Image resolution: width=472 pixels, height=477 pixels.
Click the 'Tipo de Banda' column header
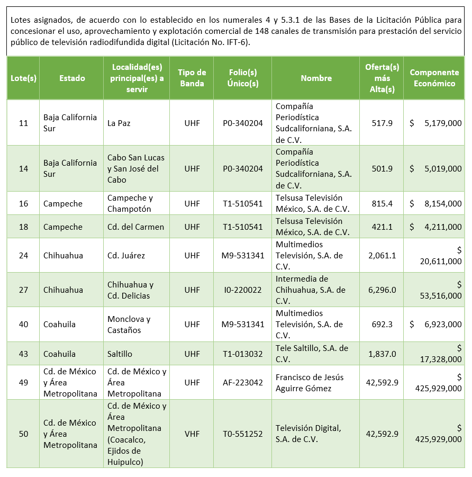pyautogui.click(x=192, y=78)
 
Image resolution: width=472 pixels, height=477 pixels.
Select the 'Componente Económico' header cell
pyautogui.click(x=434, y=78)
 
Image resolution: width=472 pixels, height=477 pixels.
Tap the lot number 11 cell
pyautogui.click(x=23, y=123)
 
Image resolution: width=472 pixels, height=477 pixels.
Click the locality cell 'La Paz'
pyautogui.click(x=119, y=123)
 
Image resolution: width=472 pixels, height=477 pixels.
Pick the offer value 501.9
pyautogui.click(x=382, y=168)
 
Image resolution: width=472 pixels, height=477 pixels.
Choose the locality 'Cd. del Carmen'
pyautogui.click(x=135, y=227)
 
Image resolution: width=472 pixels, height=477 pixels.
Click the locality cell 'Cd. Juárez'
pyautogui.click(x=126, y=255)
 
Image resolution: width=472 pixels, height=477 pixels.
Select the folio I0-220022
pyautogui.click(x=243, y=290)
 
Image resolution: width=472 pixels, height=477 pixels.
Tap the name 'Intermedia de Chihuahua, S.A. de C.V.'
pyautogui.click(x=310, y=290)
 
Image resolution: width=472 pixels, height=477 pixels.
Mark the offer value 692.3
pyautogui.click(x=382, y=324)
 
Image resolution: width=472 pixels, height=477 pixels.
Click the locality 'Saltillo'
pyautogui.click(x=120, y=354)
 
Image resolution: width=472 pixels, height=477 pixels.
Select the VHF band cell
pyautogui.click(x=192, y=434)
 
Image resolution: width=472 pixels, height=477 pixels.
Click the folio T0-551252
pyautogui.click(x=243, y=434)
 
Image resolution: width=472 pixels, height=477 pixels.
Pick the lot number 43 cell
pyautogui.click(x=23, y=354)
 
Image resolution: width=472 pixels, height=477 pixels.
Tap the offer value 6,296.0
pyautogui.click(x=382, y=290)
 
